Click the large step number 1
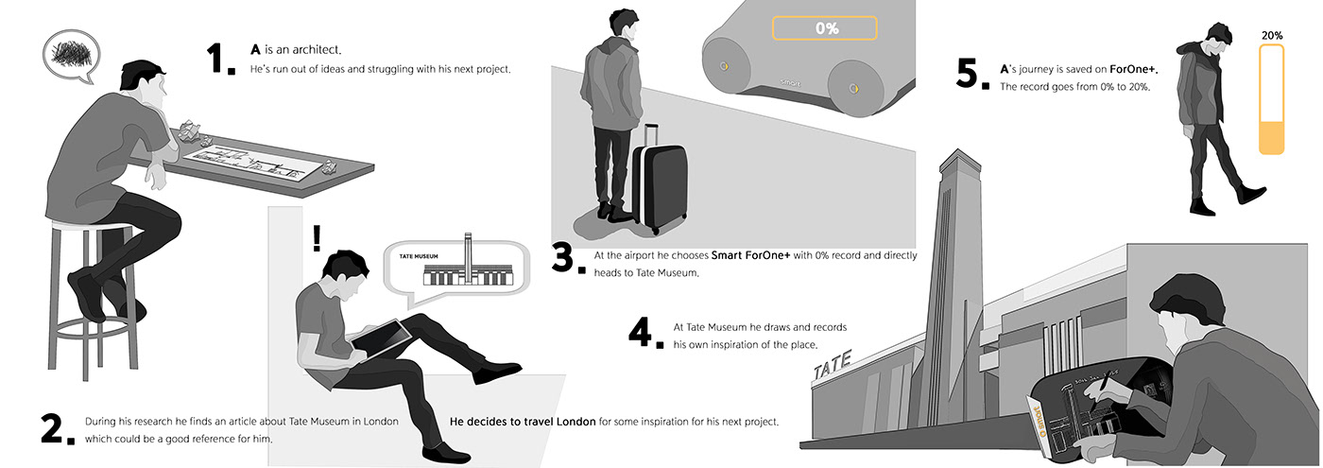(219, 59)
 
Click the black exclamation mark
(318, 237)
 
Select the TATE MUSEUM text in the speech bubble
(419, 256)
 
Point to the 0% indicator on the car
(824, 27)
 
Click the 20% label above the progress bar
(1272, 36)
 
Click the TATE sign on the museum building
(833, 365)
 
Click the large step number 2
(58, 429)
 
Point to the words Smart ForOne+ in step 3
(750, 255)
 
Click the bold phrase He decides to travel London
(522, 422)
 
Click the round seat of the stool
(92, 225)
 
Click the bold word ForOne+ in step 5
(1133, 69)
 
